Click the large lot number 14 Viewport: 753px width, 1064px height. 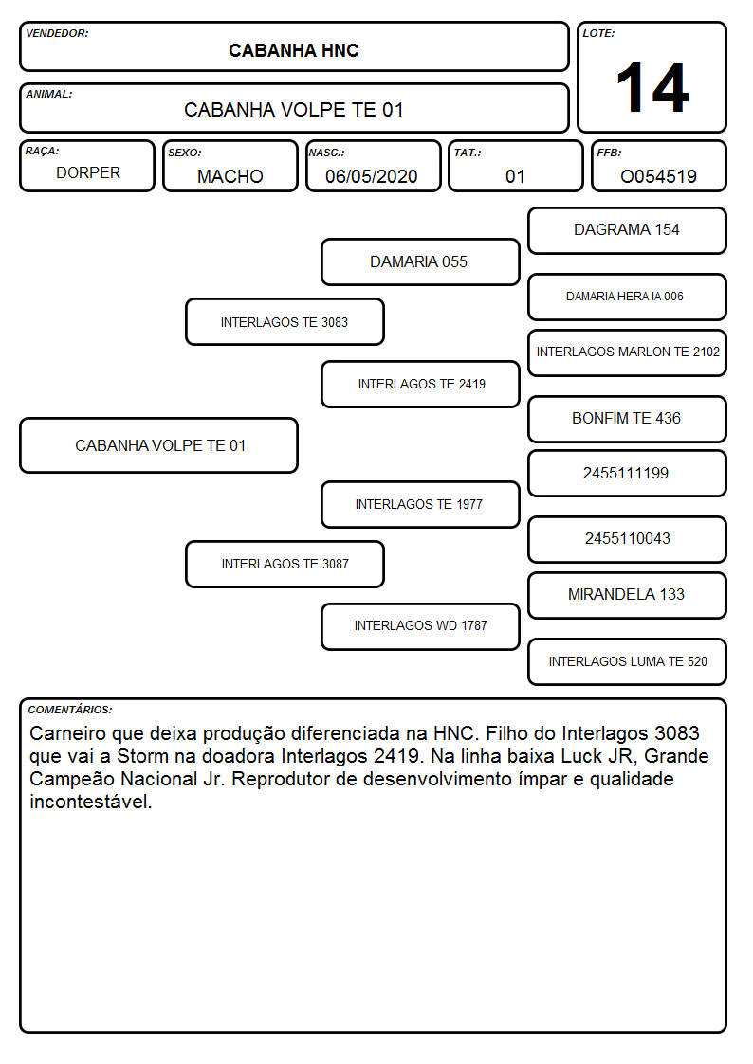[x=652, y=87]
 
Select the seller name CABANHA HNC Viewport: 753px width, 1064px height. [x=293, y=51]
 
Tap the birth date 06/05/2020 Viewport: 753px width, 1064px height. [x=372, y=176]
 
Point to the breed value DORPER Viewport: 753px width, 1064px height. [x=88, y=173]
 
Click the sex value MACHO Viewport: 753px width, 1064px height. [x=230, y=176]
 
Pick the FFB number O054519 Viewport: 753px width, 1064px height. [x=658, y=176]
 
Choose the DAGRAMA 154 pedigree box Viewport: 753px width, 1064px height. [x=628, y=231]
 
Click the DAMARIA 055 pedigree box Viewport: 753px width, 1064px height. [x=420, y=261]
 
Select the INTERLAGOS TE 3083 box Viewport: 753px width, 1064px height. [x=285, y=322]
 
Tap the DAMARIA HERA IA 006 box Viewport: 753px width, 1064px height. [x=628, y=297]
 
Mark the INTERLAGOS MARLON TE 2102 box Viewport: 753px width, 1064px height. [x=628, y=352]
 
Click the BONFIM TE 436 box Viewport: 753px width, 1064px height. [x=628, y=419]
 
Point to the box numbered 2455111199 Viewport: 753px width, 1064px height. [x=628, y=474]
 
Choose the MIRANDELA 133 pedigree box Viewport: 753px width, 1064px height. [x=628, y=595]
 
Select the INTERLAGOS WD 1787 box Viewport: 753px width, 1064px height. [x=420, y=626]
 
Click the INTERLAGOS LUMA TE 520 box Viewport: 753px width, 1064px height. [x=628, y=661]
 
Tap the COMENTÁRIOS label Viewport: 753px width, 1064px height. [x=70, y=710]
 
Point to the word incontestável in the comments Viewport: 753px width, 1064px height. [x=90, y=803]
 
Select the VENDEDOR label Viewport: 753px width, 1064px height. [x=57, y=33]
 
